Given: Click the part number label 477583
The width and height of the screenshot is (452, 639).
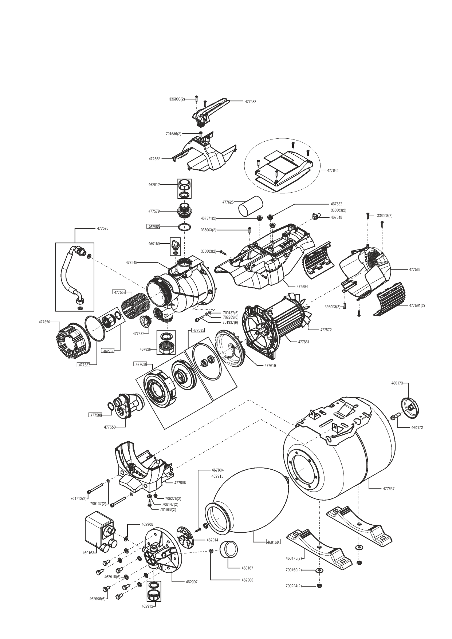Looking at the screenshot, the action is pos(250,102).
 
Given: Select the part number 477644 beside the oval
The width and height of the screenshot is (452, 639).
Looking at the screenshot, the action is pos(333,170).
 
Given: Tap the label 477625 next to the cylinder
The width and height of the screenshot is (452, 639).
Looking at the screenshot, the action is pos(228,202).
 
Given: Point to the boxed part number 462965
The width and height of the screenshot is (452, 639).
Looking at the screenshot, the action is pos(154,227).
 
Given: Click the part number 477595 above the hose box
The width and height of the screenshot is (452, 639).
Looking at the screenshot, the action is pos(103,228).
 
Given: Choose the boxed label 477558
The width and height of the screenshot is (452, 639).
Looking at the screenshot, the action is pos(120,292).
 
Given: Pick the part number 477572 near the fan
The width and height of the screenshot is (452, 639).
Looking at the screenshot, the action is pos(326,330).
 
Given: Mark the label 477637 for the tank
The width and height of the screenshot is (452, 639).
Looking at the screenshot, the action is pos(389,489).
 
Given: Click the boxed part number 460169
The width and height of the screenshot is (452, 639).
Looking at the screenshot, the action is pos(273,542).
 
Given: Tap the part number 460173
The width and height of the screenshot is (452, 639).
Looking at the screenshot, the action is pos(397,383).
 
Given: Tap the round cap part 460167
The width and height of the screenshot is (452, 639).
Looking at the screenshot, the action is pos(229,549).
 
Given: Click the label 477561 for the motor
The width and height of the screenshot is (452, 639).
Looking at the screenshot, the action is pos(304,342).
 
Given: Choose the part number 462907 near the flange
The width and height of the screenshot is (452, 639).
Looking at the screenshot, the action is pos(192,582).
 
